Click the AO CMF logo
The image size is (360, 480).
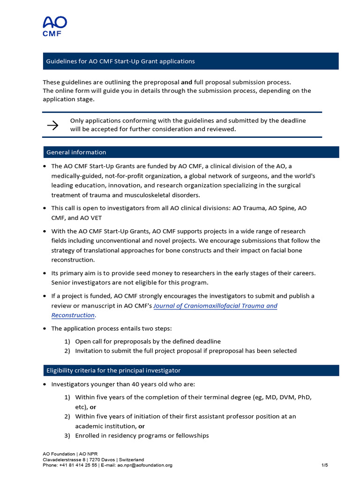point(55,26)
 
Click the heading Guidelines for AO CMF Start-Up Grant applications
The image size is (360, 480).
point(120,61)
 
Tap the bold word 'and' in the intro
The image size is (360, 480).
point(187,82)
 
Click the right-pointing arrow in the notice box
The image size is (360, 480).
point(52,125)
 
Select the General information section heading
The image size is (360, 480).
point(76,152)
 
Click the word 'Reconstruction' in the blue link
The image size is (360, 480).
point(73,315)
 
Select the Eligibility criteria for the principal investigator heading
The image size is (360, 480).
point(113,370)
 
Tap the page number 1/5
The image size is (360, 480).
point(324,465)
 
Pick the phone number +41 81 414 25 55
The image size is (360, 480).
point(78,465)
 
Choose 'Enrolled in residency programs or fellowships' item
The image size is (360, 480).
point(142,435)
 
